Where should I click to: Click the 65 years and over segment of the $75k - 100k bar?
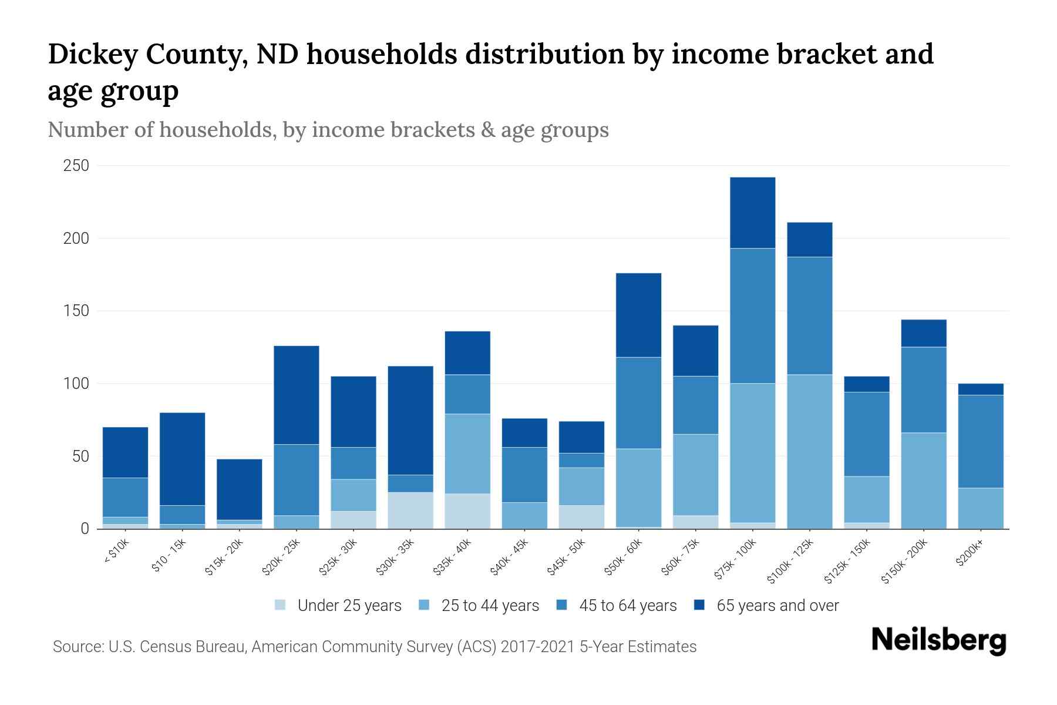point(752,213)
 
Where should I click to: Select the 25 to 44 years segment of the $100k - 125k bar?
point(809,451)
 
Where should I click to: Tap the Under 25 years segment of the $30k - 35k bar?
point(410,510)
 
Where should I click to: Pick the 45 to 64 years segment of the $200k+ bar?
point(981,441)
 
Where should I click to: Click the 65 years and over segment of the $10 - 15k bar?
point(182,459)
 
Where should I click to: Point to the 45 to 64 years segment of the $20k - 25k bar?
point(296,479)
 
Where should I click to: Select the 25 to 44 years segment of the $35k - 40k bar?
point(467,454)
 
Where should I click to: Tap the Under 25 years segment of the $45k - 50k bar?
point(581,516)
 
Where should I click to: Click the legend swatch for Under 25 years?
point(281,605)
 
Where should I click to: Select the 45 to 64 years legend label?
point(628,605)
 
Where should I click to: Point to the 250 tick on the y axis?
point(76,166)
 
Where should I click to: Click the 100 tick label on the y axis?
point(76,384)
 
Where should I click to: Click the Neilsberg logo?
point(938,640)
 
